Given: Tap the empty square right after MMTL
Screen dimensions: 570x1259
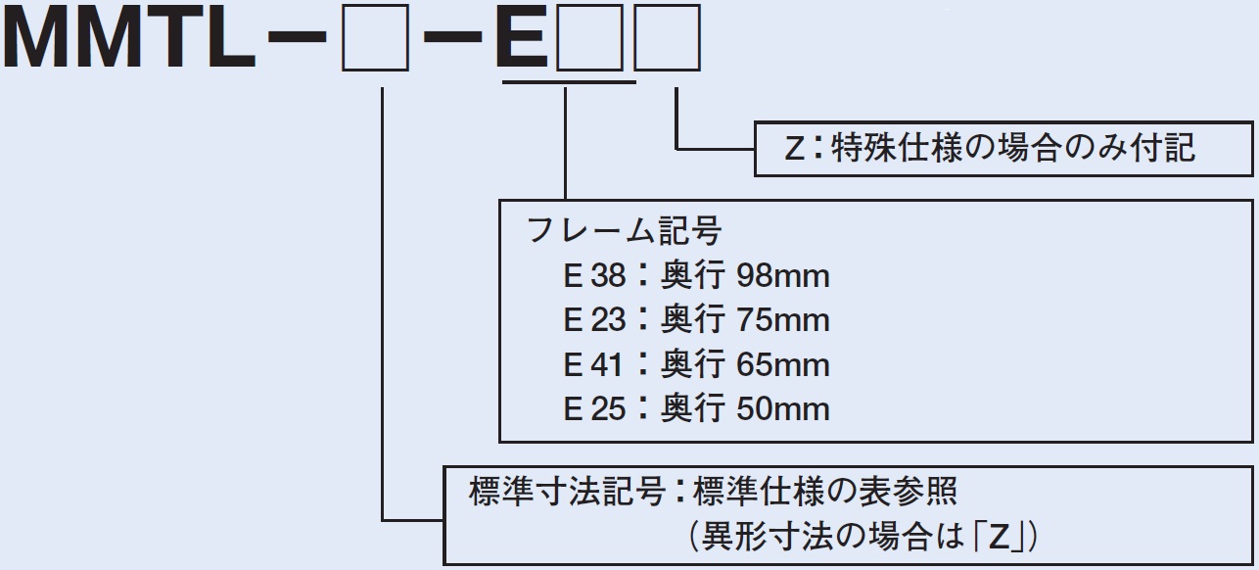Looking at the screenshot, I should pos(375,40).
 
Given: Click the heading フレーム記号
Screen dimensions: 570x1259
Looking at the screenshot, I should pos(624,231).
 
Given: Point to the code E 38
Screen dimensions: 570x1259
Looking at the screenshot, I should pos(593,276).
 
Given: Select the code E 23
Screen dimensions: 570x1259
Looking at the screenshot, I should pos(593,320).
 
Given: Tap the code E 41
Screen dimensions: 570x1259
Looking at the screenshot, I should pos(593,365).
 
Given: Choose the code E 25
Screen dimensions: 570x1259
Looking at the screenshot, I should pos(593,409).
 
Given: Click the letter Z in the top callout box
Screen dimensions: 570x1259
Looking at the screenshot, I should pos(794,149).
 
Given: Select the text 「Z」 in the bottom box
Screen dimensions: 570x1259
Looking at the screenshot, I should pos(1001,537).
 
